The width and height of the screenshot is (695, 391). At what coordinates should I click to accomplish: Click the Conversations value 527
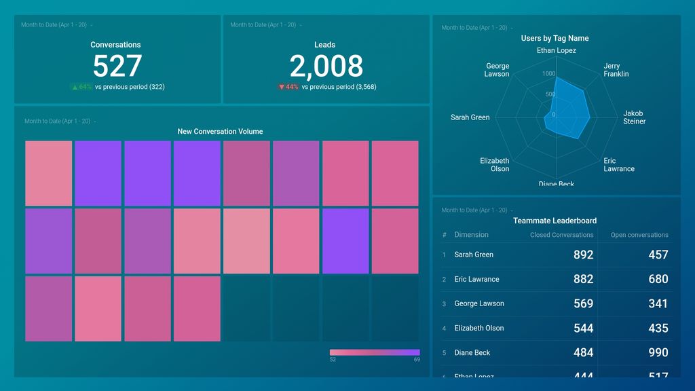117,67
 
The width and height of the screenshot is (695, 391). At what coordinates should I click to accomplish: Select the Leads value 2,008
326,67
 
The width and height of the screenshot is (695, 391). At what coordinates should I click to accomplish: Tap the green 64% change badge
81,87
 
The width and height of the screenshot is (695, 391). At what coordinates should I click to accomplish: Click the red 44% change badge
288,87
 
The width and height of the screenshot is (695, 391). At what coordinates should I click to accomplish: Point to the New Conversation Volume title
220,132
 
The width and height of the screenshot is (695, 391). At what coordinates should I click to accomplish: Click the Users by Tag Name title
555,39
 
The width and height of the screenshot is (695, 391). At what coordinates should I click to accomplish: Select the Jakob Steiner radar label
634,117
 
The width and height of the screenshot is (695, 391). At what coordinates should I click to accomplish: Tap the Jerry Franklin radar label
616,70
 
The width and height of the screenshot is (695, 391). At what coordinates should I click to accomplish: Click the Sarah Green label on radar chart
470,117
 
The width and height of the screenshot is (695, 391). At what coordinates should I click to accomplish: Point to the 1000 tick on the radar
548,74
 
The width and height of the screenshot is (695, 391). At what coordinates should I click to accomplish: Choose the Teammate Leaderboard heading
555,221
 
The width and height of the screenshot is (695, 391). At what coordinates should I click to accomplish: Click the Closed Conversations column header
561,235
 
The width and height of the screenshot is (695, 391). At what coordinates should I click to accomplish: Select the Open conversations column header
639,235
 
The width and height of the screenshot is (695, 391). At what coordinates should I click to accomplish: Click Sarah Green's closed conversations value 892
583,255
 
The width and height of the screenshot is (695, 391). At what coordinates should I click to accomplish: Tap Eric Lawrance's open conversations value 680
658,279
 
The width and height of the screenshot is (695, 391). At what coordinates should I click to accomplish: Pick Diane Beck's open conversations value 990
658,352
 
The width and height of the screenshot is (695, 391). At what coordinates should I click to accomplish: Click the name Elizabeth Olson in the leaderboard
478,328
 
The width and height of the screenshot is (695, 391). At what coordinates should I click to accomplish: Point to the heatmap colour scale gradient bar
375,352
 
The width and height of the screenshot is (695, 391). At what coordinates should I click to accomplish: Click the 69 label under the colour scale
416,360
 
